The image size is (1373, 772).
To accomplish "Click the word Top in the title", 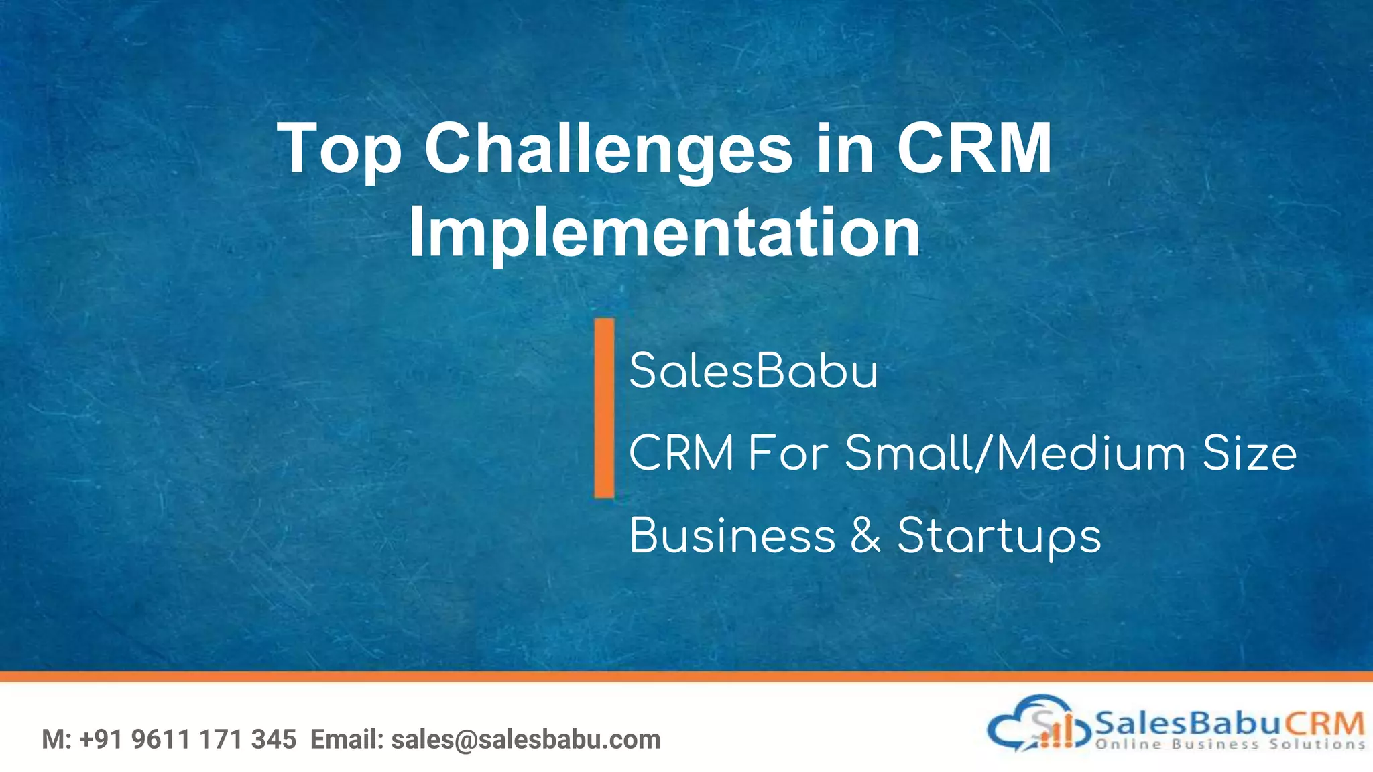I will pyautogui.click(x=339, y=149).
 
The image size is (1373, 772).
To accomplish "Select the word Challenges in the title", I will pyautogui.click(x=608, y=149).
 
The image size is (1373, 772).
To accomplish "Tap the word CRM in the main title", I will pyautogui.click(x=973, y=149).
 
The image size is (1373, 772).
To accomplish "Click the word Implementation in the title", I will pyautogui.click(x=664, y=233).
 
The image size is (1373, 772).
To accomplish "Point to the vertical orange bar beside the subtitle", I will pyautogui.click(x=604, y=407).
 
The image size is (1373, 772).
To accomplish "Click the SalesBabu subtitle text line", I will pyautogui.click(x=754, y=371).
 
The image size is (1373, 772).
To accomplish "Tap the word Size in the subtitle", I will pyautogui.click(x=1249, y=454).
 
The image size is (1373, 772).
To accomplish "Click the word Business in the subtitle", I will pyautogui.click(x=732, y=536).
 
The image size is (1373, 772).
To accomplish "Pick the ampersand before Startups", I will pyautogui.click(x=865, y=536).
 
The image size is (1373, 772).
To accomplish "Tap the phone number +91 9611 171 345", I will pyautogui.click(x=188, y=740).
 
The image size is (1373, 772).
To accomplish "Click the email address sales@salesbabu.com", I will pyautogui.click(x=526, y=740).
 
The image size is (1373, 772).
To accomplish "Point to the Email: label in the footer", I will pyautogui.click(x=347, y=740).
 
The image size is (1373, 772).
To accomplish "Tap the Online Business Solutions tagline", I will pyautogui.click(x=1230, y=745).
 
